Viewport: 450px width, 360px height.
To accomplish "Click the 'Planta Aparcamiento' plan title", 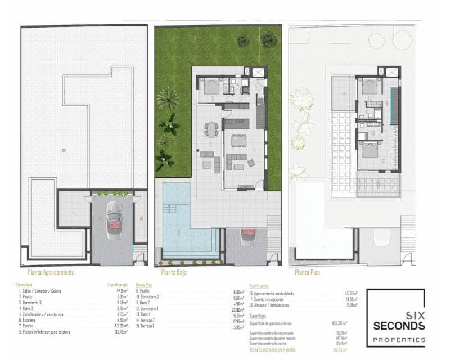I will tap(48, 272).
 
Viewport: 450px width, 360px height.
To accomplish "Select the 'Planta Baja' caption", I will tap(174, 272).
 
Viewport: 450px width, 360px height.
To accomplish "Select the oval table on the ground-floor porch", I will tap(211, 129).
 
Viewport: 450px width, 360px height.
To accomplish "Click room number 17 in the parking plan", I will tap(74, 214).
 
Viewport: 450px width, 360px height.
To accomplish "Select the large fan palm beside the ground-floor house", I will tap(168, 99).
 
